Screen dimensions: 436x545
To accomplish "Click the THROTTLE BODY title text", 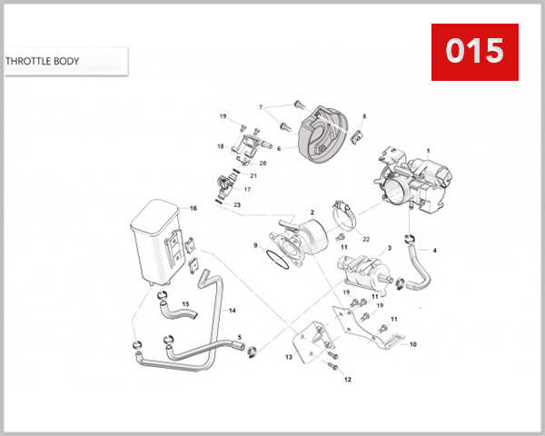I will click(43, 62).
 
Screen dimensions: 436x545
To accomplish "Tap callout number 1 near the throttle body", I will click(428, 151).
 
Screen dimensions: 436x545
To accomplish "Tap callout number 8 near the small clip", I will click(363, 116).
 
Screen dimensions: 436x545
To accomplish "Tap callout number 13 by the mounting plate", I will click(288, 358).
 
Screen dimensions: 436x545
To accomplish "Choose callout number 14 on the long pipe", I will click(232, 310).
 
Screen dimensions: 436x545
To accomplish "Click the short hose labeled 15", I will click(178, 312).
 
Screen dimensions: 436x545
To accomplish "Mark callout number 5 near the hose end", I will click(239, 337).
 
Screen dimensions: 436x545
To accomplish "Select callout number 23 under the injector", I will click(237, 206).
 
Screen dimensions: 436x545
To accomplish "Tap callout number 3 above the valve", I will click(389, 246).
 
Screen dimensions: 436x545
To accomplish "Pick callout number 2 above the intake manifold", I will click(312, 212).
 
